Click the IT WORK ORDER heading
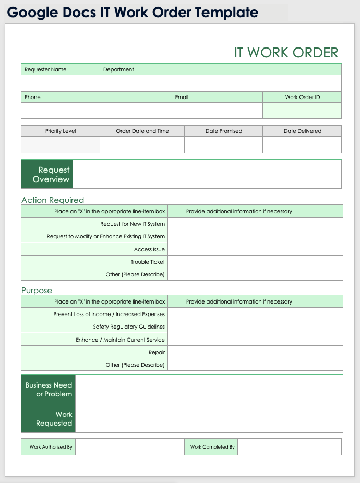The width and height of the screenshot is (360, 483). (286, 53)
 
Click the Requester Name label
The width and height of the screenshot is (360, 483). (45, 69)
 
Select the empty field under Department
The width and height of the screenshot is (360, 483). (220, 83)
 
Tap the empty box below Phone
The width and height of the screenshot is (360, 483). (60, 111)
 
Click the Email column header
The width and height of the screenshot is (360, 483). (181, 97)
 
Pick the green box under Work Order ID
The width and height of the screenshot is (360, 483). (302, 111)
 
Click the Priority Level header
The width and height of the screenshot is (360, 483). (61, 131)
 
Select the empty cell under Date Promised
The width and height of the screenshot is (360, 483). (223, 144)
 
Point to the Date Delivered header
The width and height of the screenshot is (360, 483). (302, 131)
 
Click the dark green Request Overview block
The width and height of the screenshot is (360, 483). (47, 174)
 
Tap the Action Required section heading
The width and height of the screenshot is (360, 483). (53, 200)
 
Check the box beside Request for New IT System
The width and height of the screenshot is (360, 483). (175, 224)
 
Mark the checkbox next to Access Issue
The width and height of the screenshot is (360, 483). (175, 249)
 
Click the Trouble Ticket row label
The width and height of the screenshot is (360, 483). (148, 262)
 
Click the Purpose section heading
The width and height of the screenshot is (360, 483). (37, 290)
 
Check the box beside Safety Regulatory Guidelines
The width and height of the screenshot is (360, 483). (175, 327)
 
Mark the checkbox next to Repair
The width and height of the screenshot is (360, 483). (175, 352)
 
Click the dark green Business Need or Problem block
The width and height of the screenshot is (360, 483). (49, 390)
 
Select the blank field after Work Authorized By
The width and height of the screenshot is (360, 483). (129, 447)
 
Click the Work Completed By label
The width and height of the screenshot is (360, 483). (212, 447)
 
